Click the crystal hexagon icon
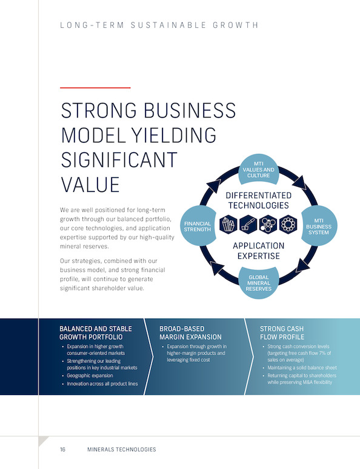(228, 224)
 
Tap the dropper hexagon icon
(248, 224)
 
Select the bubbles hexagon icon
(268, 224)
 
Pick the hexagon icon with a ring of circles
(288, 224)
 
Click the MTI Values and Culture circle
(259, 170)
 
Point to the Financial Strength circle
(198, 226)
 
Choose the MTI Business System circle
(319, 226)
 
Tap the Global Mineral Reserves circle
(259, 283)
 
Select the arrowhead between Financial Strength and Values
(214, 186)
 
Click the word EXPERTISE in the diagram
(259, 256)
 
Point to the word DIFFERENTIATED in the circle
(259, 195)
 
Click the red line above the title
(95, 88)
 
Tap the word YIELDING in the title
(174, 135)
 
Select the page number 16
(62, 449)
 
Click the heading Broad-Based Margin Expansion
(190, 333)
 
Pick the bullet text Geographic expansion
(90, 376)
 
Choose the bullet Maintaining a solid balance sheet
(302, 368)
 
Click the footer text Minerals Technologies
(121, 449)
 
